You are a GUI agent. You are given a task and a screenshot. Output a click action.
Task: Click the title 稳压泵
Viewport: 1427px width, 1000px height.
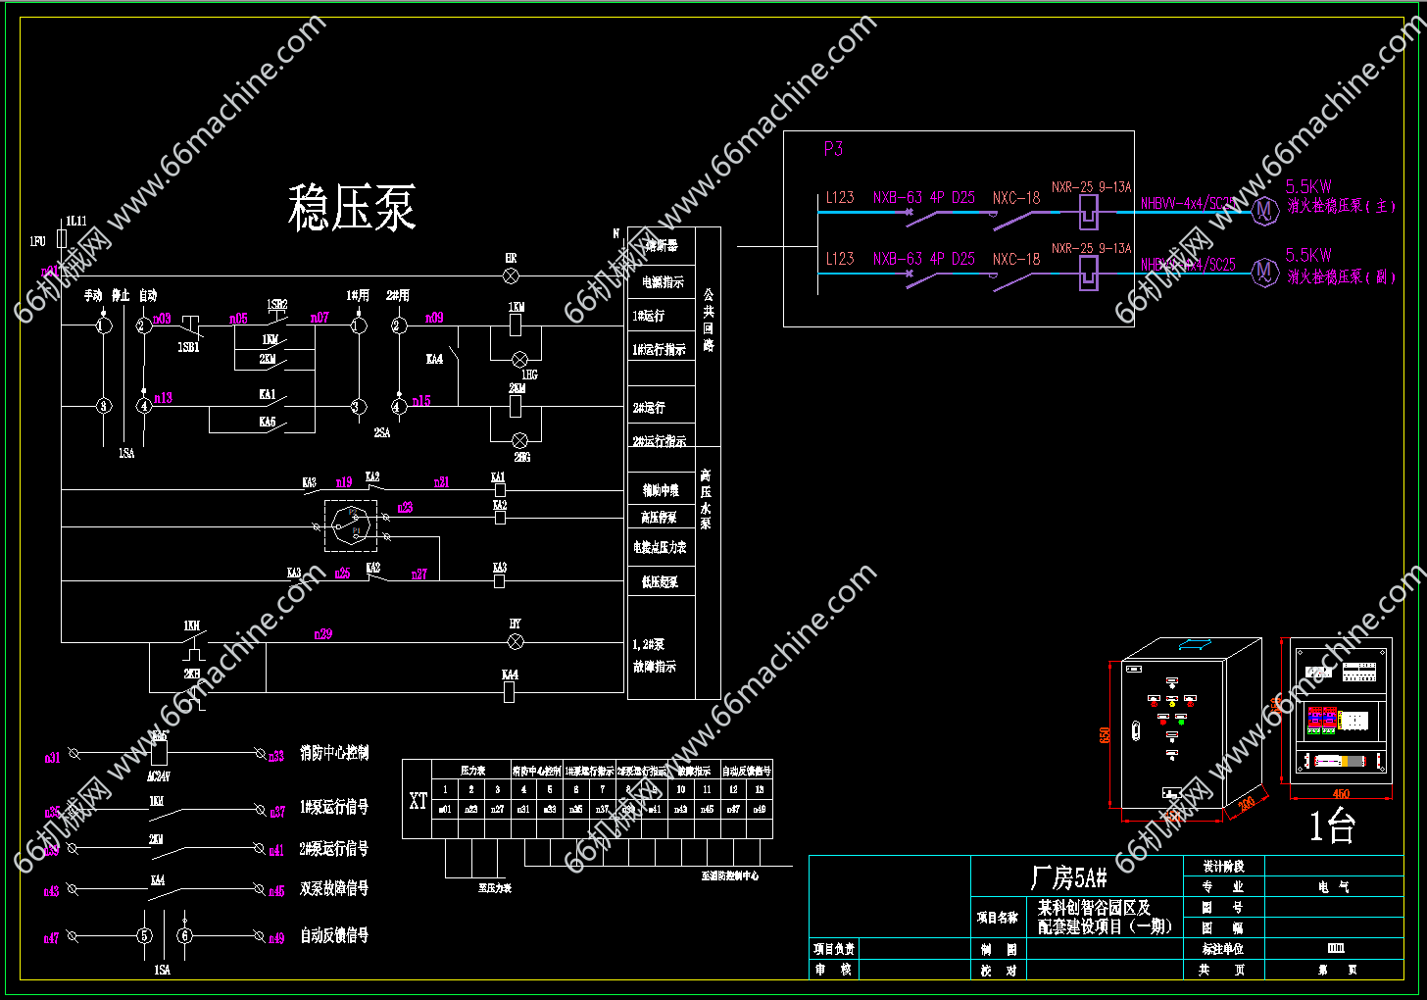point(352,208)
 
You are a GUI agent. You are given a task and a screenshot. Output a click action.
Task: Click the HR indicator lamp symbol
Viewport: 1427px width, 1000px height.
point(511,275)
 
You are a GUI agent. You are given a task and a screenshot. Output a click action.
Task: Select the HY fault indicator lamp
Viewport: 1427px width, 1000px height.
point(516,642)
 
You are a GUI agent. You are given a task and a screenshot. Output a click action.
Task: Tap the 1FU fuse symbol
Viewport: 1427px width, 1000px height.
point(62,239)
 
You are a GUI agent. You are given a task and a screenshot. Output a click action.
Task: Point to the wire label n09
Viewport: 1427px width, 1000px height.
point(433,318)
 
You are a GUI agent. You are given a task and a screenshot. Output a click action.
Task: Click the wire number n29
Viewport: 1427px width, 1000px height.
point(322,634)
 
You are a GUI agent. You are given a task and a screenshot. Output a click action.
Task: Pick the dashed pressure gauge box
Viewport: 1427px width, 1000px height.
point(351,525)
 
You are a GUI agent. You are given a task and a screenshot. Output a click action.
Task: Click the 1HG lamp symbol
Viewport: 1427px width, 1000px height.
point(521,360)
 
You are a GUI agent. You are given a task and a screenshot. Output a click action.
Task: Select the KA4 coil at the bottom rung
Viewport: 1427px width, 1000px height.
point(509,691)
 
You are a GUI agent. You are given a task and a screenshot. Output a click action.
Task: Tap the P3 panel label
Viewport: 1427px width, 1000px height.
point(833,149)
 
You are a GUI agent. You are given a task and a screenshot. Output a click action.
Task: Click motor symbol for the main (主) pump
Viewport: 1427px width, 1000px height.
point(1264,210)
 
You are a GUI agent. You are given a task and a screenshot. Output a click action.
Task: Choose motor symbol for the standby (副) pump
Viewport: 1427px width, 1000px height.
point(1264,273)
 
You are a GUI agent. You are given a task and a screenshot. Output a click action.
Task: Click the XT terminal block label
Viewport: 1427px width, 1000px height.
point(418,801)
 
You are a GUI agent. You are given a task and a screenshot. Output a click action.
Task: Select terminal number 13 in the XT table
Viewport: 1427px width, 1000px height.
point(760,789)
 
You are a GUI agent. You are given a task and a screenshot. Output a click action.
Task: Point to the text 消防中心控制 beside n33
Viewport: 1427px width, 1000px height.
point(334,753)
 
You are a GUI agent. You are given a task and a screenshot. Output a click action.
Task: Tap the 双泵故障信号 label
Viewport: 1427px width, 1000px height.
point(334,888)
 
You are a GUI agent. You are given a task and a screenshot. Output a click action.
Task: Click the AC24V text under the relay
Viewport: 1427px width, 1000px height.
point(158,776)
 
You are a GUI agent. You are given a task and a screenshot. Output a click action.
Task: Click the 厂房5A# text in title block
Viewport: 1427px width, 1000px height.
point(1069,876)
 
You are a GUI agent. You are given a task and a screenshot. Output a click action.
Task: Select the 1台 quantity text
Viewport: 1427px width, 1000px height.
point(1332,827)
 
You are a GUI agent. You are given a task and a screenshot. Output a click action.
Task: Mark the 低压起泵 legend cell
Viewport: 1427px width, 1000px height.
point(660,582)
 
